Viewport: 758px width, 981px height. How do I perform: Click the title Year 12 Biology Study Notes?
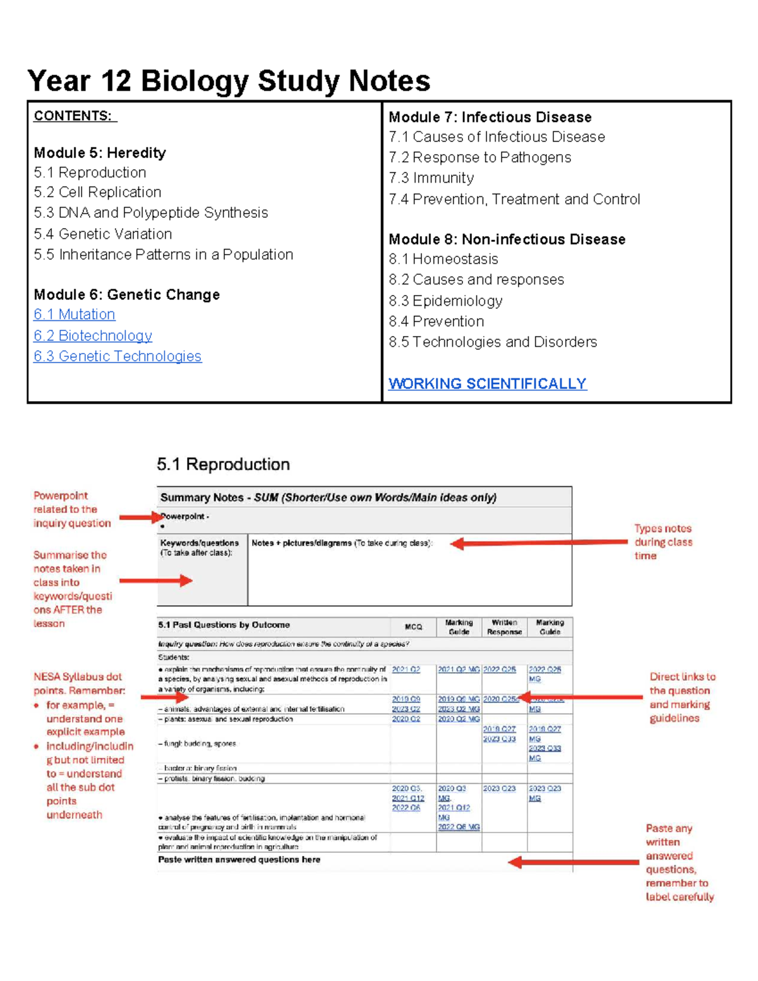[229, 81]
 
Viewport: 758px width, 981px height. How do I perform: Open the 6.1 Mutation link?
[75, 315]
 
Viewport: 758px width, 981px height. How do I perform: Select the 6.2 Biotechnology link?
[93, 335]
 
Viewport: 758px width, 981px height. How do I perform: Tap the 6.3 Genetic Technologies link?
[117, 356]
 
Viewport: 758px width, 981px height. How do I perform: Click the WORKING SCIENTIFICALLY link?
[487, 383]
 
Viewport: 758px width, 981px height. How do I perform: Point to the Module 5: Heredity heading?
[100, 153]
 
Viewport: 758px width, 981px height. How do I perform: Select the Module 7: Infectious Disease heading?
[490, 117]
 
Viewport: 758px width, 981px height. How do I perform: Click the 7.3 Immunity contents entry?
[431, 178]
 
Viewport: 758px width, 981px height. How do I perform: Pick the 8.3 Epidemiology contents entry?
[445, 301]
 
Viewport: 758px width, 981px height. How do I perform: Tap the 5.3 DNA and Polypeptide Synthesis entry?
[151, 213]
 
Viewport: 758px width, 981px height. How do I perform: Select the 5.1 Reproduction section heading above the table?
[223, 464]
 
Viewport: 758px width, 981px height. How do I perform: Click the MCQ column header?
[413, 627]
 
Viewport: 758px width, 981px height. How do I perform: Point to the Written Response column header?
[504, 627]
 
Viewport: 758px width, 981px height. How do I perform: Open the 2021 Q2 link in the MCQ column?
[406, 670]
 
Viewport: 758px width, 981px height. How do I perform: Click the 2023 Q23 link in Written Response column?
[499, 788]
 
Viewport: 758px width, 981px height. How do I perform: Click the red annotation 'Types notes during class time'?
[663, 542]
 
